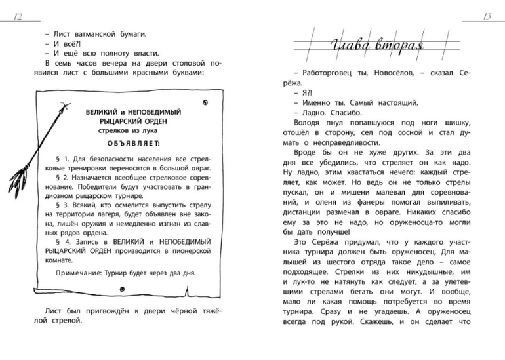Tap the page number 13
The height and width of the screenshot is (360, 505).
(x=487, y=16)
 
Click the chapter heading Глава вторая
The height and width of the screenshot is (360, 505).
(x=376, y=47)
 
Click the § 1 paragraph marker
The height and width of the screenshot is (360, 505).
(x=61, y=159)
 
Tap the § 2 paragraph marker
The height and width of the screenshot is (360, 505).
(x=61, y=178)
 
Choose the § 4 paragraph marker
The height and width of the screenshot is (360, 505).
(x=61, y=242)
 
